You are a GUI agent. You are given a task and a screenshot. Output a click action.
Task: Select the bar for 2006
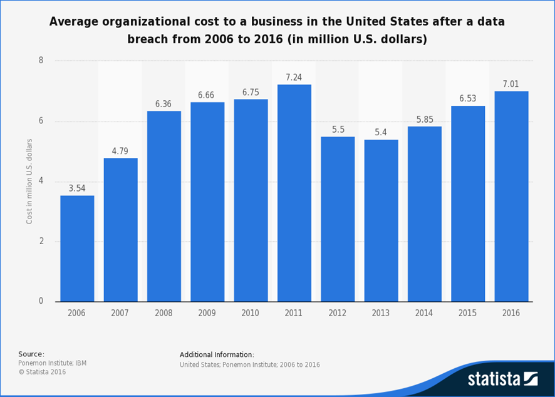click(x=77, y=249)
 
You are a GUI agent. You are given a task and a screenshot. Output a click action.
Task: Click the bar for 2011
click(x=294, y=193)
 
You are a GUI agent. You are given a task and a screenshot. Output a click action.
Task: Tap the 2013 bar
click(x=381, y=220)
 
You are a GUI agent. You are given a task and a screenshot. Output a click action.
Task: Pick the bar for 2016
click(x=511, y=196)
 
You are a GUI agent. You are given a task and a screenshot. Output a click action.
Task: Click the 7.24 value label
click(x=294, y=78)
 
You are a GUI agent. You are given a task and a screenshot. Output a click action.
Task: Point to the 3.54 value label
click(x=77, y=188)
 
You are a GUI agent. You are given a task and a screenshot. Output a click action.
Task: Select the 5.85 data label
click(x=424, y=120)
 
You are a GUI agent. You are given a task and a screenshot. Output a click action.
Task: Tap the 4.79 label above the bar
click(x=120, y=151)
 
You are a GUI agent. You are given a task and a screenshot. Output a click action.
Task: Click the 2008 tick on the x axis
click(x=163, y=313)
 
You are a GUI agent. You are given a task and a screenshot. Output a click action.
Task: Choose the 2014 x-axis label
click(x=424, y=313)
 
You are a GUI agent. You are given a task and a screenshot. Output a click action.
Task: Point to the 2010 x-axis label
click(x=251, y=313)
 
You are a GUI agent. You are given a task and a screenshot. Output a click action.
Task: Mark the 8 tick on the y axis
click(x=41, y=61)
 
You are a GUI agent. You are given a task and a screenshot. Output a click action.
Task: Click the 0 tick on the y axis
click(x=41, y=301)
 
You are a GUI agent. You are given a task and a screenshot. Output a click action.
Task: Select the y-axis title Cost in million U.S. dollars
click(x=29, y=182)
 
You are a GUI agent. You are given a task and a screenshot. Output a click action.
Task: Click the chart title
click(x=277, y=30)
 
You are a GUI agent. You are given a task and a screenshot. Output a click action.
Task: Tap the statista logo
click(x=502, y=379)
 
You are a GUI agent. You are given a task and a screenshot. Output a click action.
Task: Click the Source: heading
click(x=31, y=354)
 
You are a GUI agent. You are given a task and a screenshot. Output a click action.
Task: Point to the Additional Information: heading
click(x=217, y=355)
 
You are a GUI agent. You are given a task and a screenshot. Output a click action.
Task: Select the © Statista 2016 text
click(x=42, y=372)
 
